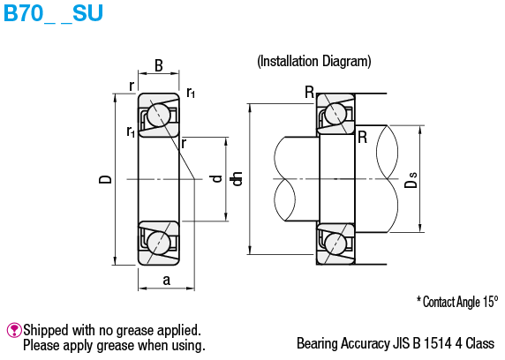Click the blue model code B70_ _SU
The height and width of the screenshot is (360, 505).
pyautogui.click(x=54, y=13)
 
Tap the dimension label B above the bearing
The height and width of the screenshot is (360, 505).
pyautogui.click(x=159, y=65)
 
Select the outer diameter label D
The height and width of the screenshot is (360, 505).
pyautogui.click(x=105, y=180)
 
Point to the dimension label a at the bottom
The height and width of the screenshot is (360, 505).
pyautogui.click(x=166, y=280)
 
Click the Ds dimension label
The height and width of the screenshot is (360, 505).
pyautogui.click(x=411, y=180)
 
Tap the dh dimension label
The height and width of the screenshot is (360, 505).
pyautogui.click(x=237, y=179)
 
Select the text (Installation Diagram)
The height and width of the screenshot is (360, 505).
pyautogui.click(x=314, y=61)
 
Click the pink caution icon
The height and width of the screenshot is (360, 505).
pyautogui.click(x=14, y=330)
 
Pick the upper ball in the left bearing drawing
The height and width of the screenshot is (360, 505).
pyautogui.click(x=158, y=115)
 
